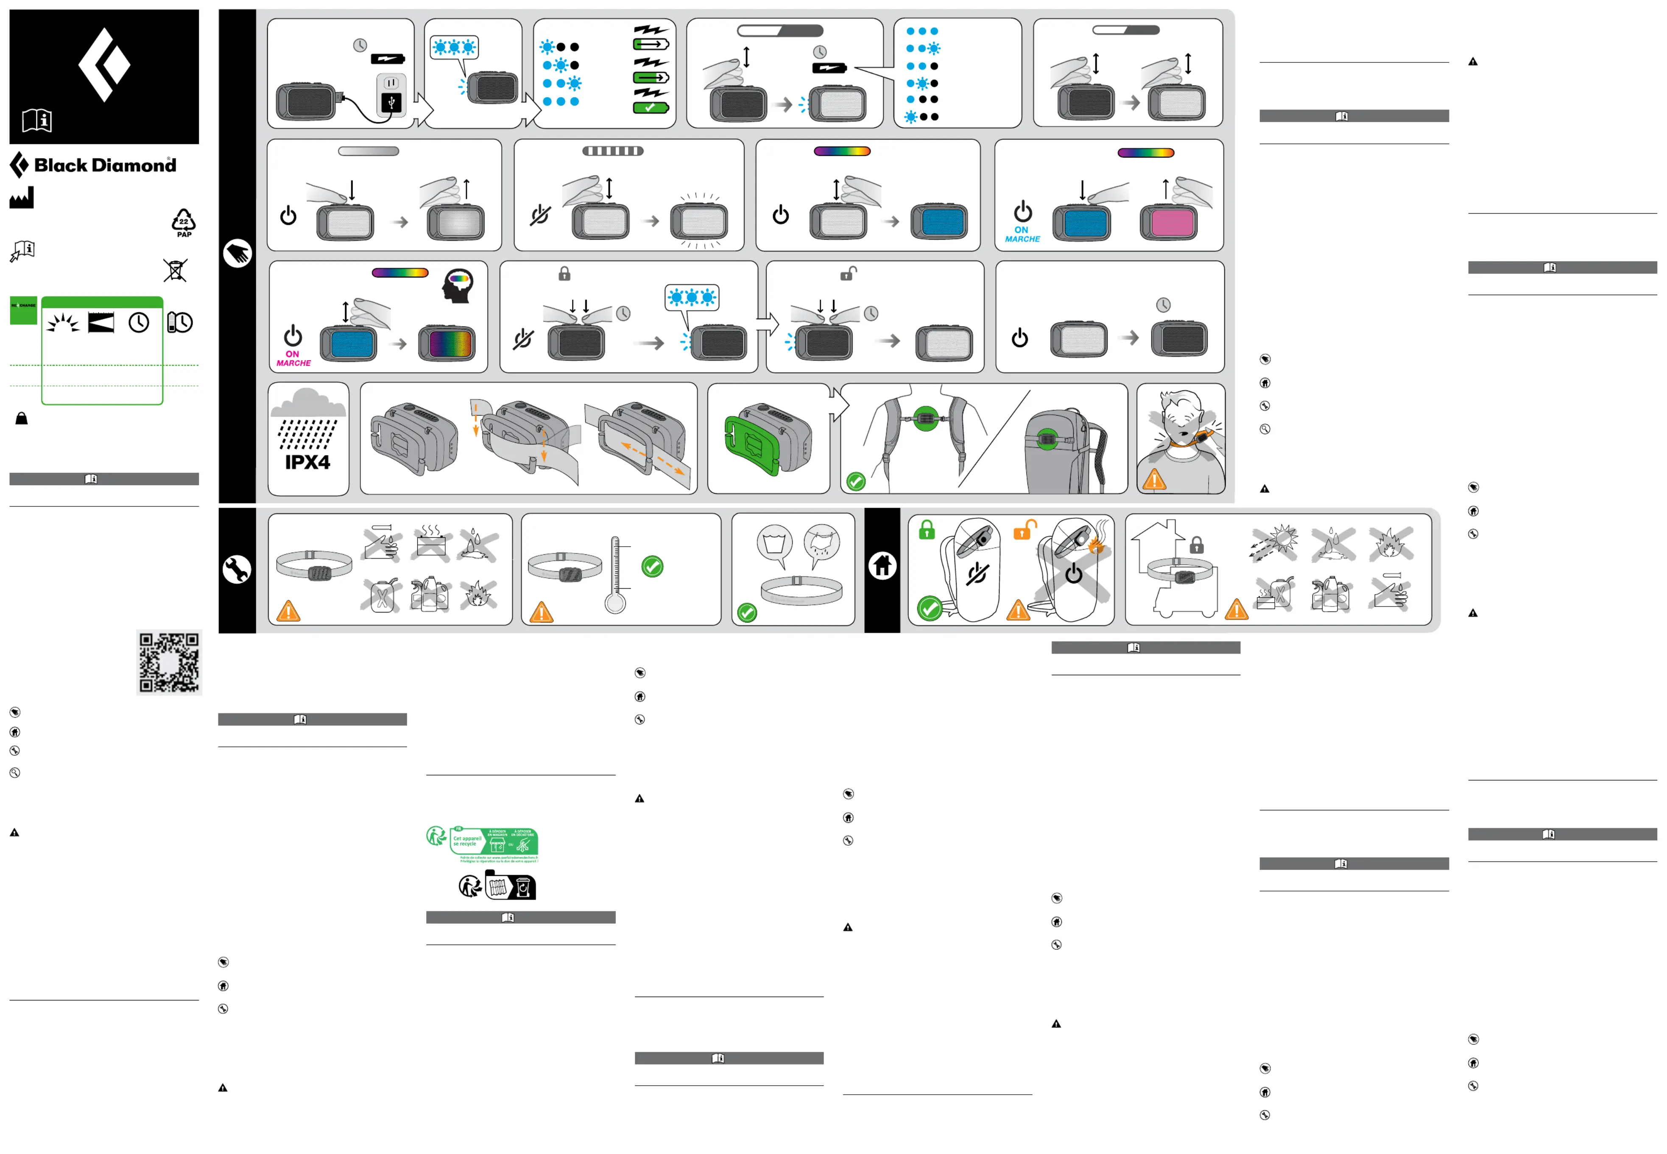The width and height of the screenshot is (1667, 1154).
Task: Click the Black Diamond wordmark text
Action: (105, 165)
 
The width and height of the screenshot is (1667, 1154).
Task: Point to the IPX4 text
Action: (307, 462)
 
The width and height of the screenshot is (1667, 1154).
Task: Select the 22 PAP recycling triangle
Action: (184, 222)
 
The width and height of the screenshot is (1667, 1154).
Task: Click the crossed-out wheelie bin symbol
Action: (175, 271)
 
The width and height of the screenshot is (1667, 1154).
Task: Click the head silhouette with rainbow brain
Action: (458, 285)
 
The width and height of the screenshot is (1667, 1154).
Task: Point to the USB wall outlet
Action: (391, 94)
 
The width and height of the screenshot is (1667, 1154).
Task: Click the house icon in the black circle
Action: (882, 565)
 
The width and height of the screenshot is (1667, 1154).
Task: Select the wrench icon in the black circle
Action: (237, 570)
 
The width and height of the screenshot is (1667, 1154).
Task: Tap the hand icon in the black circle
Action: (237, 253)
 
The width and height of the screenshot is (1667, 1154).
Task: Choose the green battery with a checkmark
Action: (651, 108)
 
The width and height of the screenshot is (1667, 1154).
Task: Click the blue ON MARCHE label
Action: (1022, 234)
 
